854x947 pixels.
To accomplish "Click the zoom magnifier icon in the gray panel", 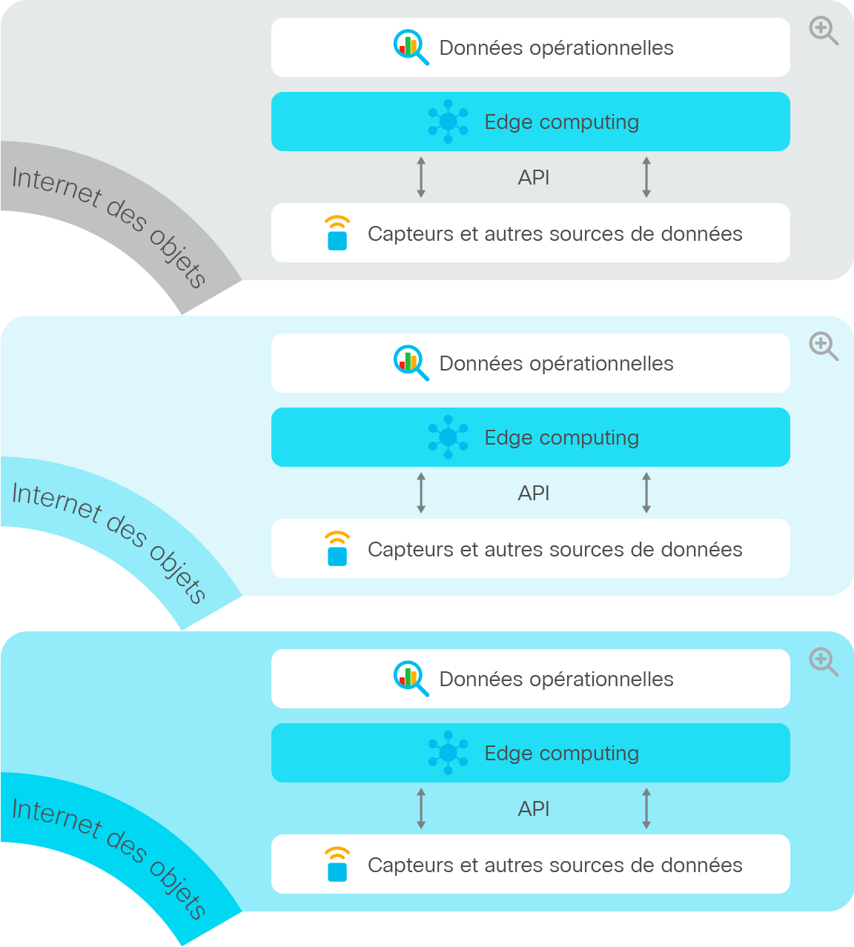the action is (x=824, y=30).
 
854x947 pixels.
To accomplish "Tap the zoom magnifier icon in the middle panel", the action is (x=824, y=347).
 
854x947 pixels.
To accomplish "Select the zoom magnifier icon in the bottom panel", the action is (x=824, y=662).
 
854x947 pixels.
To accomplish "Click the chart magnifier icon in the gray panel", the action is (x=411, y=47).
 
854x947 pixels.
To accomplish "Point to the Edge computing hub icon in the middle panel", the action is (x=448, y=437).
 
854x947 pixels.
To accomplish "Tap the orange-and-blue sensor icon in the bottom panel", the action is (x=337, y=864).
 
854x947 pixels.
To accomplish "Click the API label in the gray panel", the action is (x=533, y=178).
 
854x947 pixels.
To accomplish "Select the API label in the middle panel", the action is (x=533, y=494).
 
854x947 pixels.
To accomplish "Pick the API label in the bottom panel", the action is (x=533, y=809).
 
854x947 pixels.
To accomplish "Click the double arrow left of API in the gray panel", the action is (x=421, y=177).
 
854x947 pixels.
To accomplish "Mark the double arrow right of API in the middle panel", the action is (x=646, y=493).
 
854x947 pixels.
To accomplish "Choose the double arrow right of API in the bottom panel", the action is (x=646, y=808).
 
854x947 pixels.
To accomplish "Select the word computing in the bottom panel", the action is (x=589, y=754).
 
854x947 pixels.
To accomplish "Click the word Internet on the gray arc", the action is (x=56, y=187).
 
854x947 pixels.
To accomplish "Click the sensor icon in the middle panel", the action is (x=337, y=548).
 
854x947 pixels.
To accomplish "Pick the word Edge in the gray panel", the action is (x=509, y=123).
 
